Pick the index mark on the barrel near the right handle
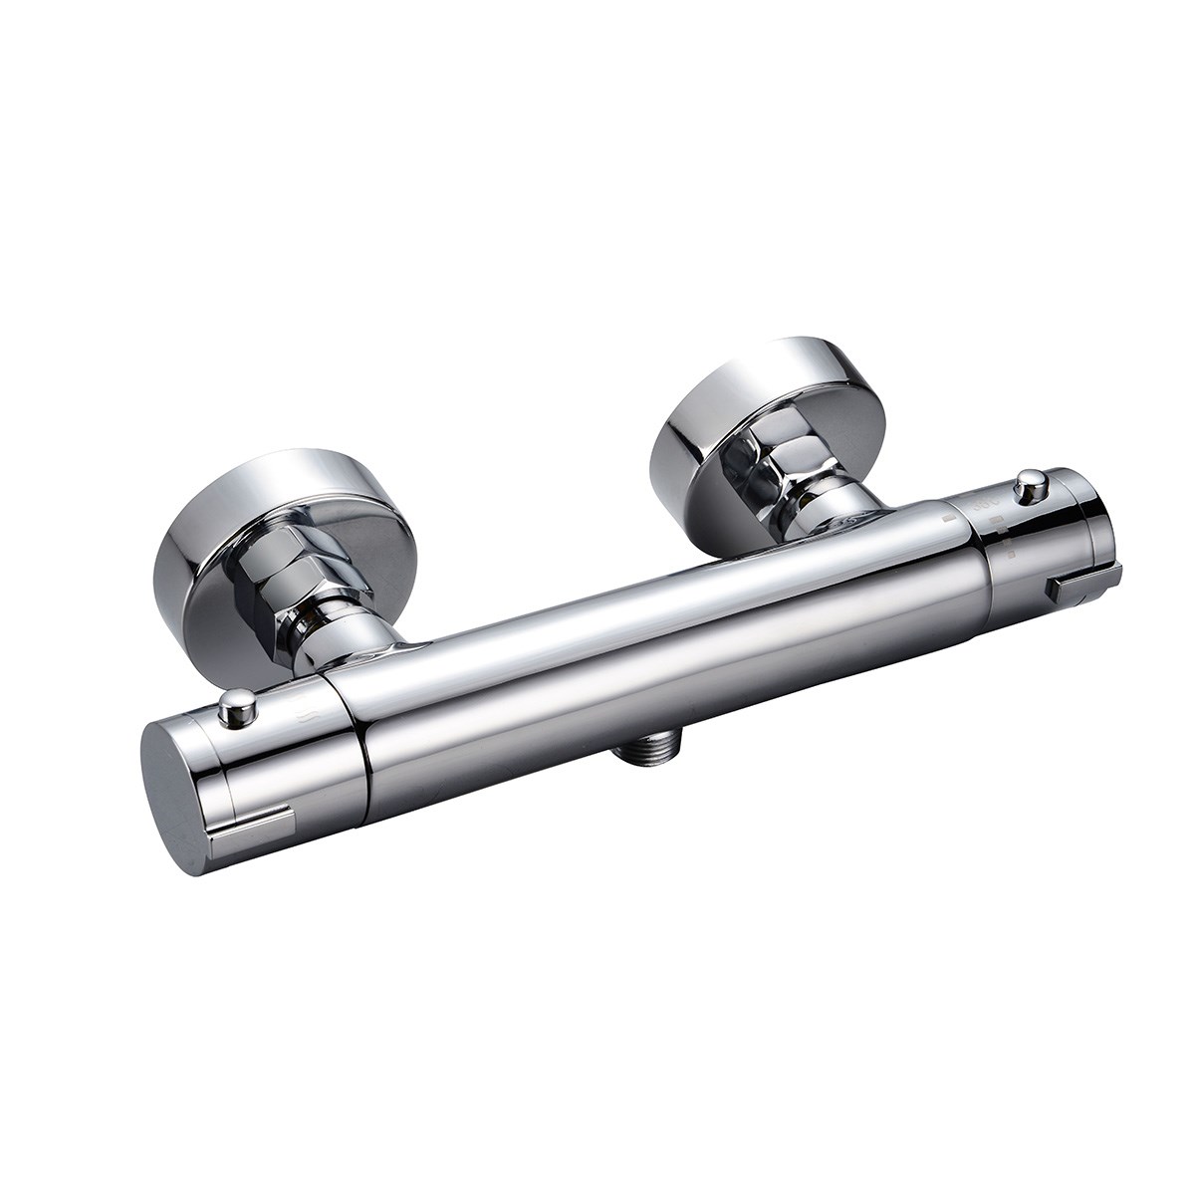point(951,519)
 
